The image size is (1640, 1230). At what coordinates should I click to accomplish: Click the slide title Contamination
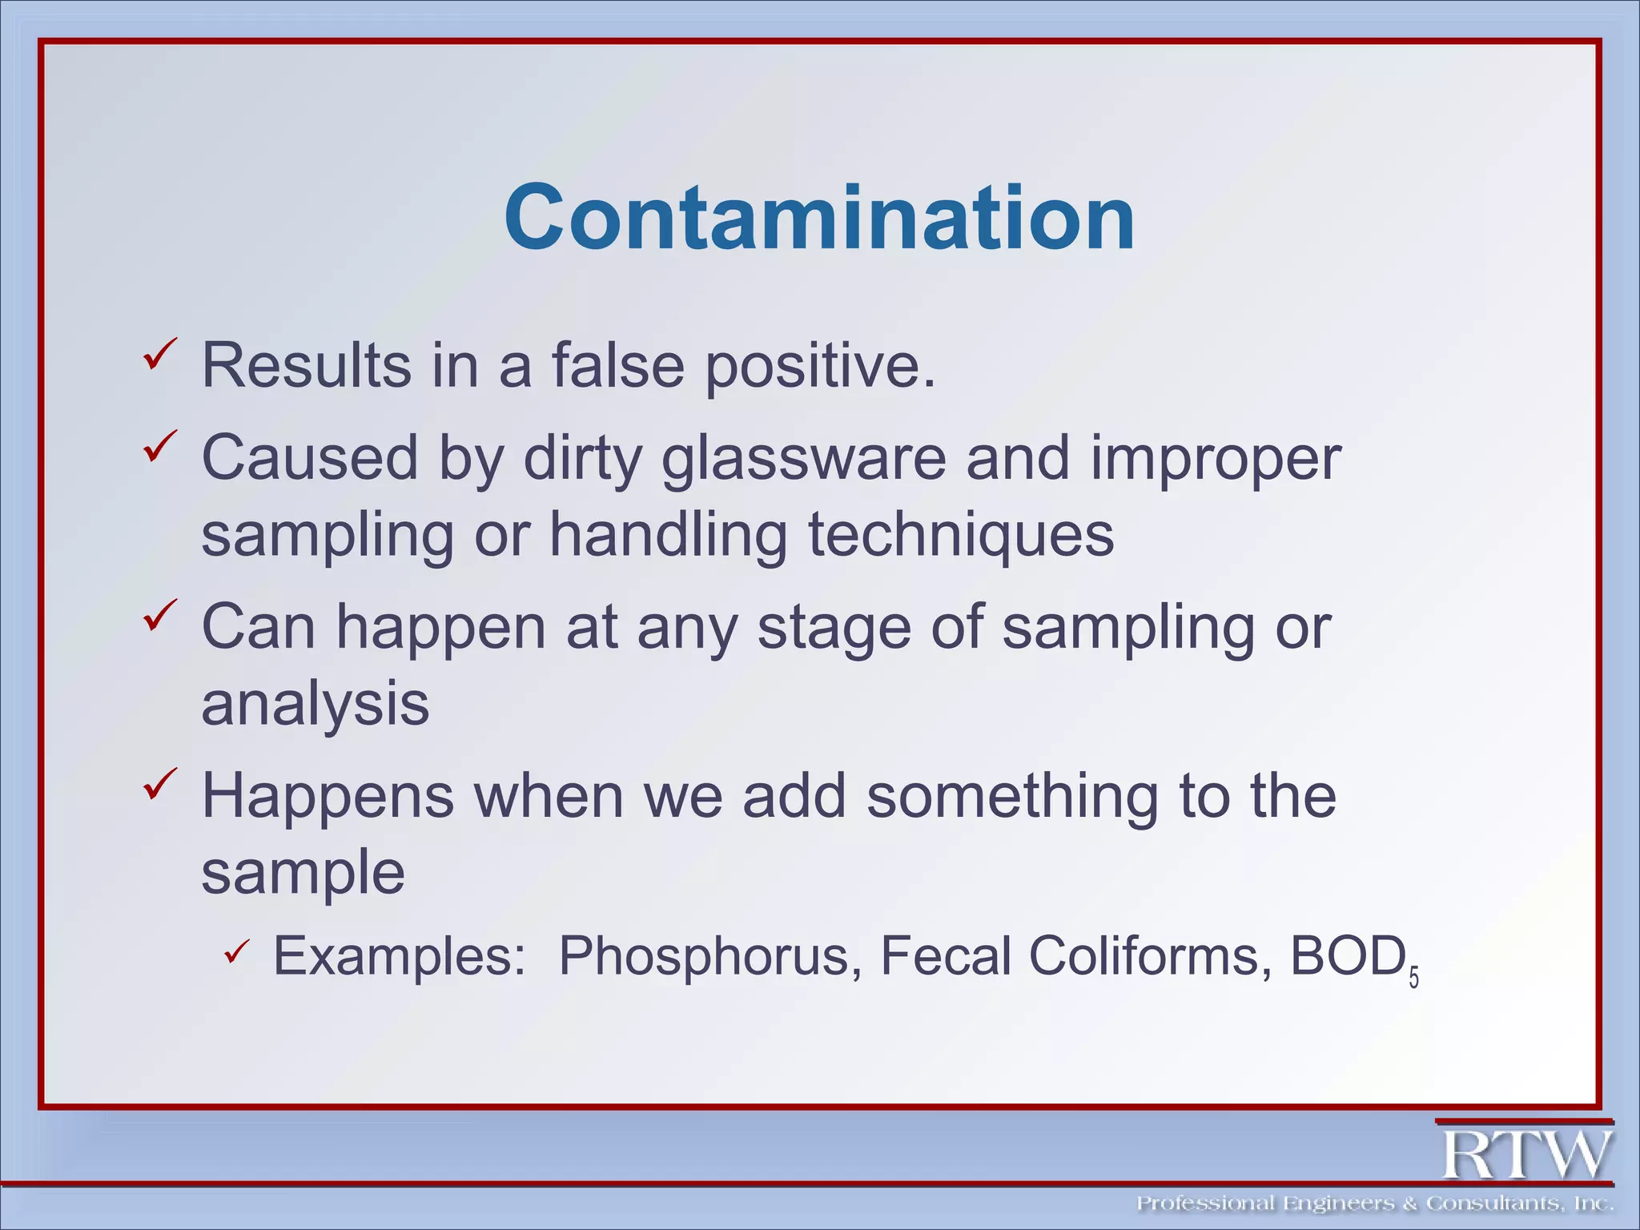pos(819,218)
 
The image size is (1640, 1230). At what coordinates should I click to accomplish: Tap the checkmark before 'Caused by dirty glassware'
pos(160,446)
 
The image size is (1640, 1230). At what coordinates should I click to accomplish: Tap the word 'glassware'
pos(803,459)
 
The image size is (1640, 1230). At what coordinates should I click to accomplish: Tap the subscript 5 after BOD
pos(1413,979)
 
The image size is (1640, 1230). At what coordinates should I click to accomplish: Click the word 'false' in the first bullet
pos(617,365)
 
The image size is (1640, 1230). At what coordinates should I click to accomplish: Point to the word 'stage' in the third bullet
pos(834,629)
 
